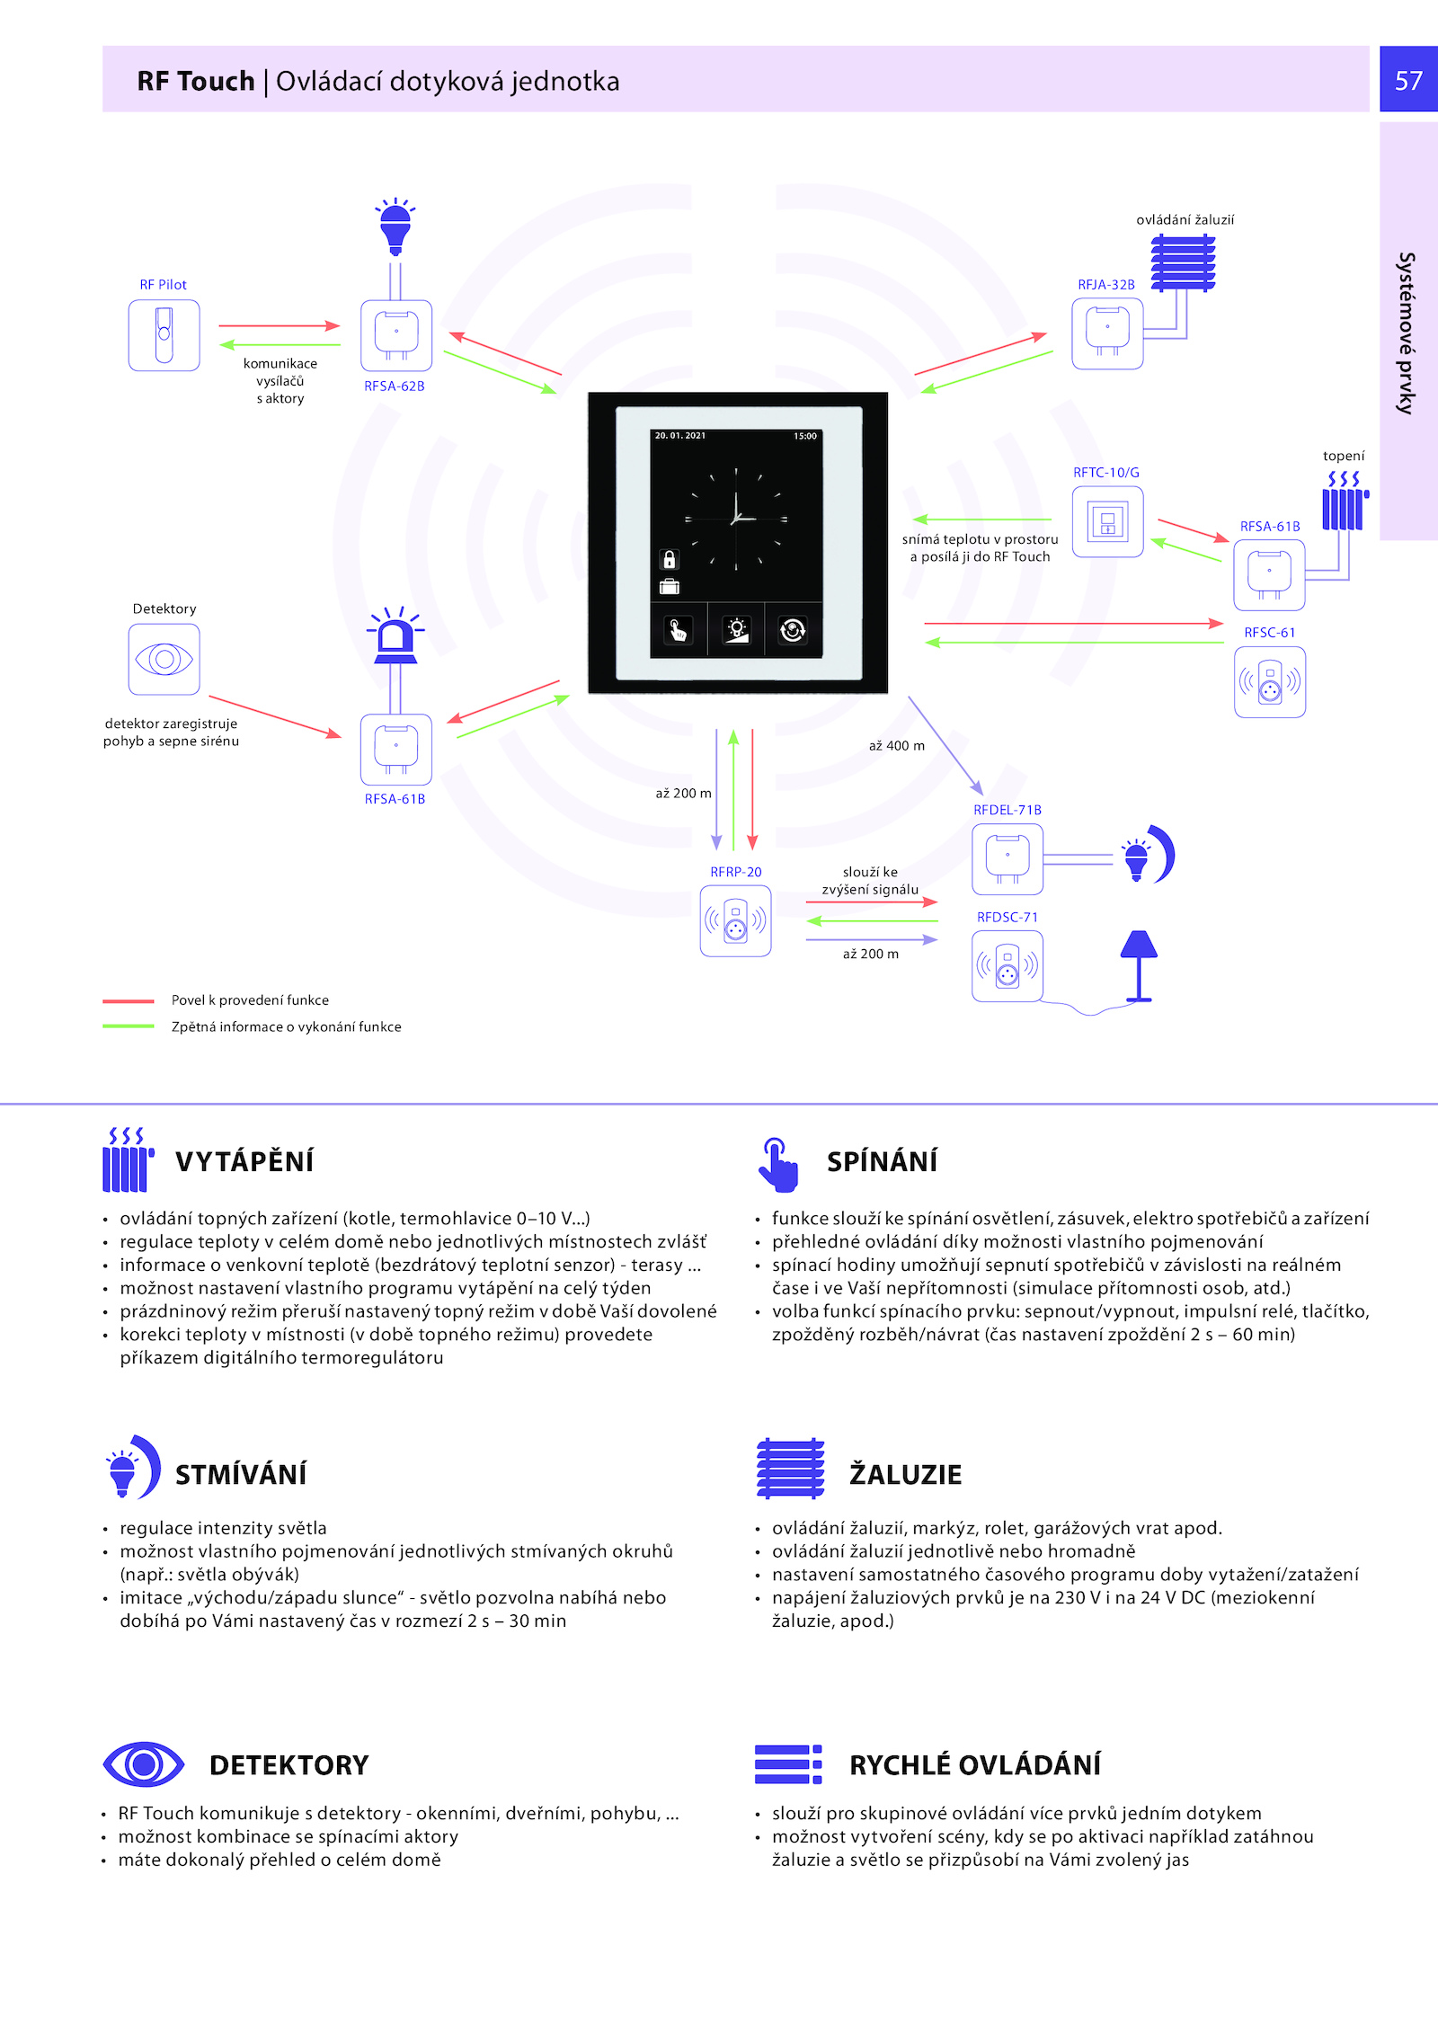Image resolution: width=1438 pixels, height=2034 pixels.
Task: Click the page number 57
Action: click(1408, 81)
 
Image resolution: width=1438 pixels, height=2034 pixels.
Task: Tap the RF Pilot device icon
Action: click(164, 335)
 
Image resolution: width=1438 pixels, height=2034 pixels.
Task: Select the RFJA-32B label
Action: click(1106, 285)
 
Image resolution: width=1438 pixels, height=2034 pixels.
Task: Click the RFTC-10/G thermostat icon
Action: click(1107, 522)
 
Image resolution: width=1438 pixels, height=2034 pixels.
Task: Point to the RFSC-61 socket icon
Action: click(1270, 682)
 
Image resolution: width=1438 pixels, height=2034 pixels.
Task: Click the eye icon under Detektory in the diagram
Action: click(164, 660)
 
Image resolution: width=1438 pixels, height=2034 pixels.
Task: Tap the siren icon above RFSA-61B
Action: click(395, 635)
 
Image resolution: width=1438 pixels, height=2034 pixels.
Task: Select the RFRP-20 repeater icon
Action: click(735, 921)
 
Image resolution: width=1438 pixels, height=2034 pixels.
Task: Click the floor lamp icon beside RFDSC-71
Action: click(1139, 966)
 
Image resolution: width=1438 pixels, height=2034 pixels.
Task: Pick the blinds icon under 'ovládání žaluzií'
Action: click(1183, 262)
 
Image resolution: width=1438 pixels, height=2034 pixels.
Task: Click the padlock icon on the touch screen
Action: click(669, 559)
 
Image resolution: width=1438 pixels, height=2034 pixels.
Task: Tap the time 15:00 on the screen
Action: click(805, 437)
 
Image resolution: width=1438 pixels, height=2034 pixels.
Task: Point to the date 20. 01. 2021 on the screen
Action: click(680, 436)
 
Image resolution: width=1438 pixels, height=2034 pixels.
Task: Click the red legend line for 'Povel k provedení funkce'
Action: click(129, 1000)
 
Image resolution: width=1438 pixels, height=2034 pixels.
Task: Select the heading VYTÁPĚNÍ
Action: click(244, 1161)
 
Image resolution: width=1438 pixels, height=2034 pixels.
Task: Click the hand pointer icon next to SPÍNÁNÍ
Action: click(777, 1165)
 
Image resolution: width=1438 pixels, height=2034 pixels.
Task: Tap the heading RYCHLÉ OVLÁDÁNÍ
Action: click(975, 1765)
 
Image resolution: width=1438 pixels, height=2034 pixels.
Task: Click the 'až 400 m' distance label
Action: click(897, 746)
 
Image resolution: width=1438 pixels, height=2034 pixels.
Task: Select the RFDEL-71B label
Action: click(1007, 810)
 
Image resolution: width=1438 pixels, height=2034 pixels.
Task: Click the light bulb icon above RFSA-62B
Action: click(395, 226)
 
